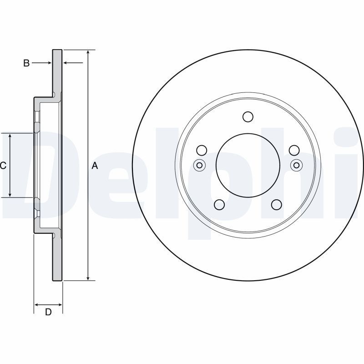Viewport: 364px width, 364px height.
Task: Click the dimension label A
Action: pos(95,166)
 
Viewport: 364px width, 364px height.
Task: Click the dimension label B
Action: pos(26,63)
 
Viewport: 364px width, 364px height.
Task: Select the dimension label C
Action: pos(3,166)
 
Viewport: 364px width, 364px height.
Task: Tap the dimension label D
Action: pos(48,312)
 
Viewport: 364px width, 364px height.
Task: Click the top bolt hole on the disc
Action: pos(248,116)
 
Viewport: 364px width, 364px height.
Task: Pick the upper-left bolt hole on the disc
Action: pos(202,150)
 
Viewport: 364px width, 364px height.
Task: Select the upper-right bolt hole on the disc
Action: pos(294,150)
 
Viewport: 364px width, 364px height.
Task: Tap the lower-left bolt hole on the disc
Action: pos(219,204)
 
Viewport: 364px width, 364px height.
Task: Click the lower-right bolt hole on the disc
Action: pos(277,204)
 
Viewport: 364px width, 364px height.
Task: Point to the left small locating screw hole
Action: pos(199,165)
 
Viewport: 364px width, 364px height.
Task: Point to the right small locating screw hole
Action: pos(297,165)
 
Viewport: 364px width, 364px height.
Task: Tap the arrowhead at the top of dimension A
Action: pos(88,52)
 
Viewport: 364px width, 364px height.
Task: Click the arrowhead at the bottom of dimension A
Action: pos(88,278)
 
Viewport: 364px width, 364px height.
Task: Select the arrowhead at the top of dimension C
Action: pos(10,136)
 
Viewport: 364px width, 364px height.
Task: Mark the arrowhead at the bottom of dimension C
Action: pos(10,195)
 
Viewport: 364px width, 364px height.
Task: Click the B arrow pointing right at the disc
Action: pos(41,63)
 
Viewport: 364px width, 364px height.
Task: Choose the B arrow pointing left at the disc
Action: pos(73,63)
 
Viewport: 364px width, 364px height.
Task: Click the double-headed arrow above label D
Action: pos(48,304)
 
